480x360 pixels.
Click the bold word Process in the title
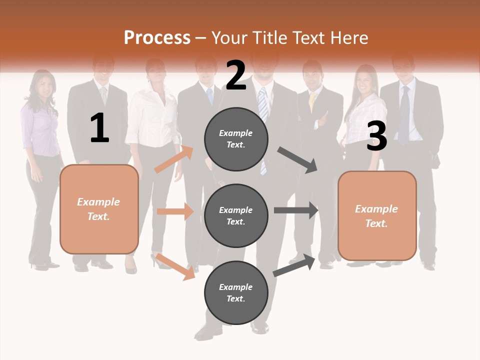point(157,38)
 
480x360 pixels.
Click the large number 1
point(99,128)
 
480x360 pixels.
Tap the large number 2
point(236,75)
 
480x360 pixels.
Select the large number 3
point(376,136)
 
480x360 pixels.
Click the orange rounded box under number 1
point(99,209)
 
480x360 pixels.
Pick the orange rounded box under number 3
point(377,216)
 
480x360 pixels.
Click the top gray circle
point(236,139)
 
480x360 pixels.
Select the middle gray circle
point(236,216)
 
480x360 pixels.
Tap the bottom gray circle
point(236,293)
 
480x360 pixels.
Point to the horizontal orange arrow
point(175,211)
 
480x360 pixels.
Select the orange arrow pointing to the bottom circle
point(175,266)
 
